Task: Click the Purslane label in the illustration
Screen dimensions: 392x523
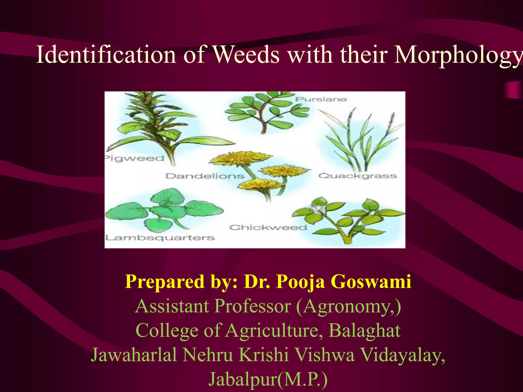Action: pos(321,99)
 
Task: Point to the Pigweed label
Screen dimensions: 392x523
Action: pos(135,158)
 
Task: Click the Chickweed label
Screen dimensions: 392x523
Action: pos(268,227)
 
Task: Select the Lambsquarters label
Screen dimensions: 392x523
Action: pos(160,238)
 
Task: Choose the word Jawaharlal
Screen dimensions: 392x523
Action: pos(134,355)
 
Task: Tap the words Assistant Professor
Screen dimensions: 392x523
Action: pos(213,306)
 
